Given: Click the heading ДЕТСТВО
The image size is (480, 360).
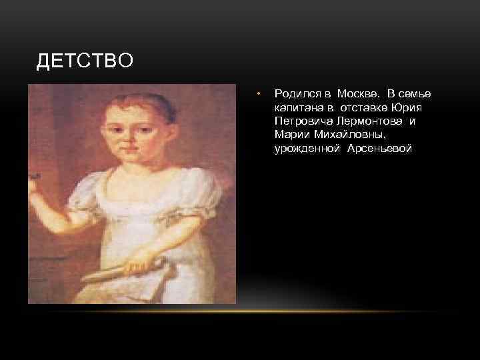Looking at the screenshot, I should coord(85,62).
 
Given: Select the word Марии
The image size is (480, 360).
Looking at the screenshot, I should coord(289,135).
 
